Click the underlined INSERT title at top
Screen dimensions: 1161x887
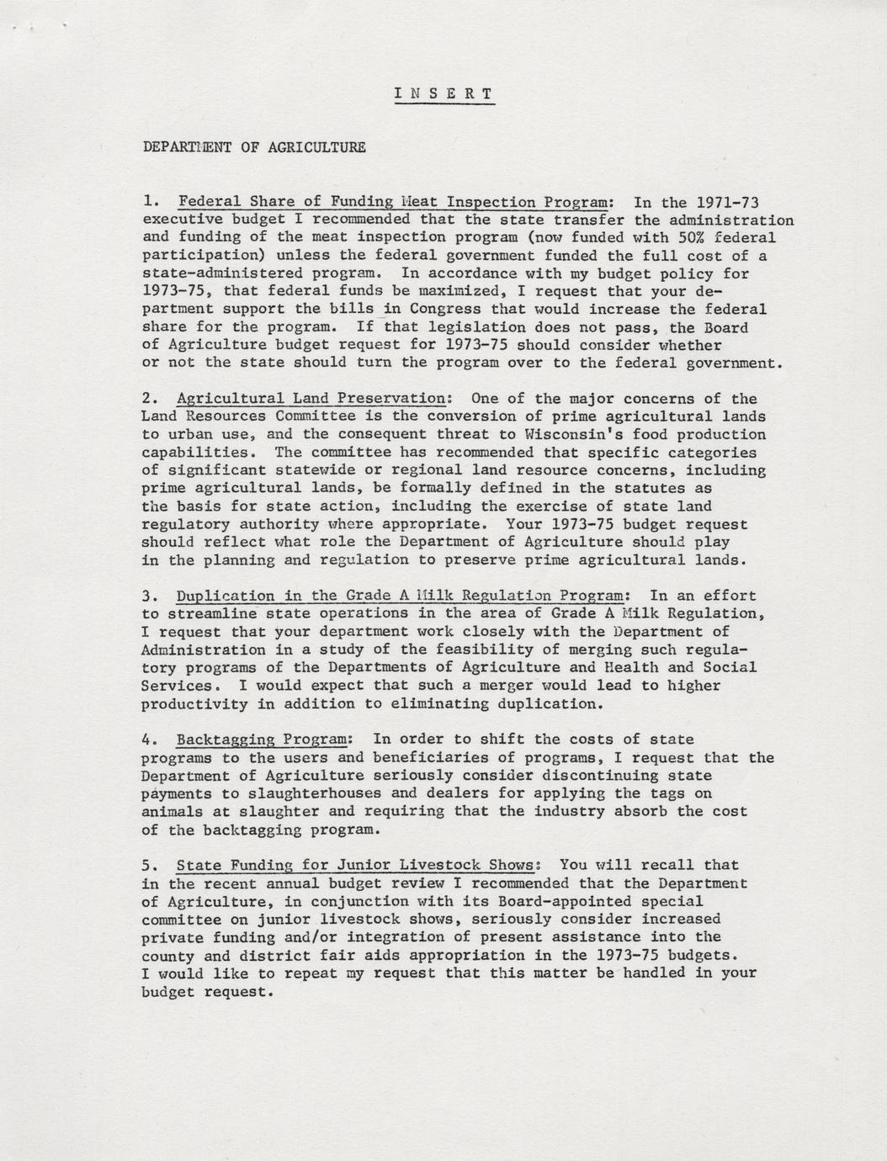click(x=444, y=93)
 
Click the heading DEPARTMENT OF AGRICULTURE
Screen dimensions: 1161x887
click(x=254, y=147)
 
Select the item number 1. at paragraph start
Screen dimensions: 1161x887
click(x=151, y=202)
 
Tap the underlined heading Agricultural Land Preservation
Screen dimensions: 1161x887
click(x=310, y=399)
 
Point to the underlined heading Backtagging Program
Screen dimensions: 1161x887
click(x=261, y=740)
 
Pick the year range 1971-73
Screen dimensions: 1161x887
click(x=728, y=202)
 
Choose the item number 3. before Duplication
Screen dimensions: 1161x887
click(x=151, y=596)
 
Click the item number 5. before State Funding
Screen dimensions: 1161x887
click(x=151, y=865)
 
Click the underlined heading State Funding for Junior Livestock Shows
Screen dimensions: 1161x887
click(x=356, y=865)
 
